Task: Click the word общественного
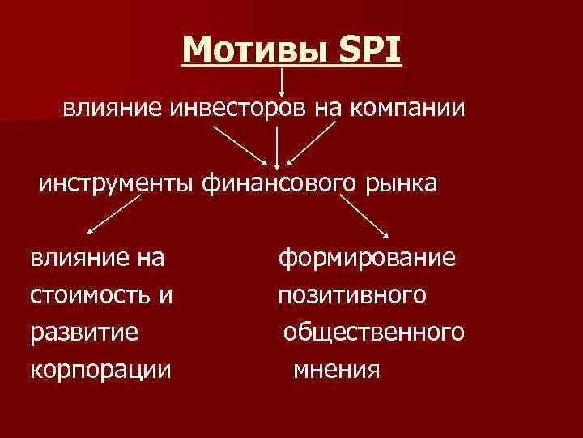point(373,333)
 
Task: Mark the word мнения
point(336,370)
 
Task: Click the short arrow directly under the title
point(281,82)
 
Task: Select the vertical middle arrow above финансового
point(277,145)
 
